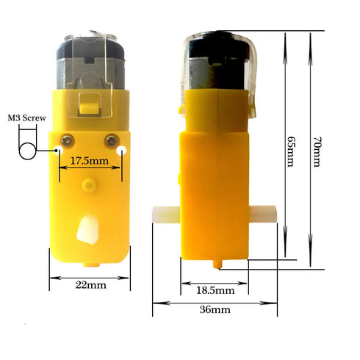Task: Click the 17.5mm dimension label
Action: coord(90,161)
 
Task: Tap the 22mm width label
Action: coord(91,285)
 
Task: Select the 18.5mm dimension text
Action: coord(215,291)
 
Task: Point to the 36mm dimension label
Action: coord(215,310)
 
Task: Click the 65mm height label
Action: coord(291,151)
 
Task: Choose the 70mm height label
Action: coord(317,152)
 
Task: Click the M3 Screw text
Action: coord(26,118)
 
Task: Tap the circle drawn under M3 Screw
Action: coord(27,151)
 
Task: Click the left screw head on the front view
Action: coord(66,140)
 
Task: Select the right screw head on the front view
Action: coord(112,140)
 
